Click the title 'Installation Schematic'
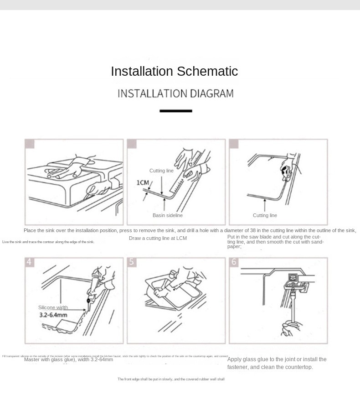pos(174,72)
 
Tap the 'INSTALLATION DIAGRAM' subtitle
pos(175,93)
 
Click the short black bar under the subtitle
pos(176,111)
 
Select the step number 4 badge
pos(29,262)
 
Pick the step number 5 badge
pos(131,262)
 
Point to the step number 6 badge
pos(234,262)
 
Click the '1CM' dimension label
pos(143,183)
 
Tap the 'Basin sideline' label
pos(167,215)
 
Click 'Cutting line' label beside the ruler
pos(161,171)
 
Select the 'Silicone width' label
pos(53,307)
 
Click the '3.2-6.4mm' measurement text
pos(53,315)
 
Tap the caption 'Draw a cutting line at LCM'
pos(158,238)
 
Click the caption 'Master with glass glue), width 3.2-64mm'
pos(68,359)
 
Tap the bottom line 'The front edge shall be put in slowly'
pos(171,379)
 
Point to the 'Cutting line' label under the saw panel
pos(265,215)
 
